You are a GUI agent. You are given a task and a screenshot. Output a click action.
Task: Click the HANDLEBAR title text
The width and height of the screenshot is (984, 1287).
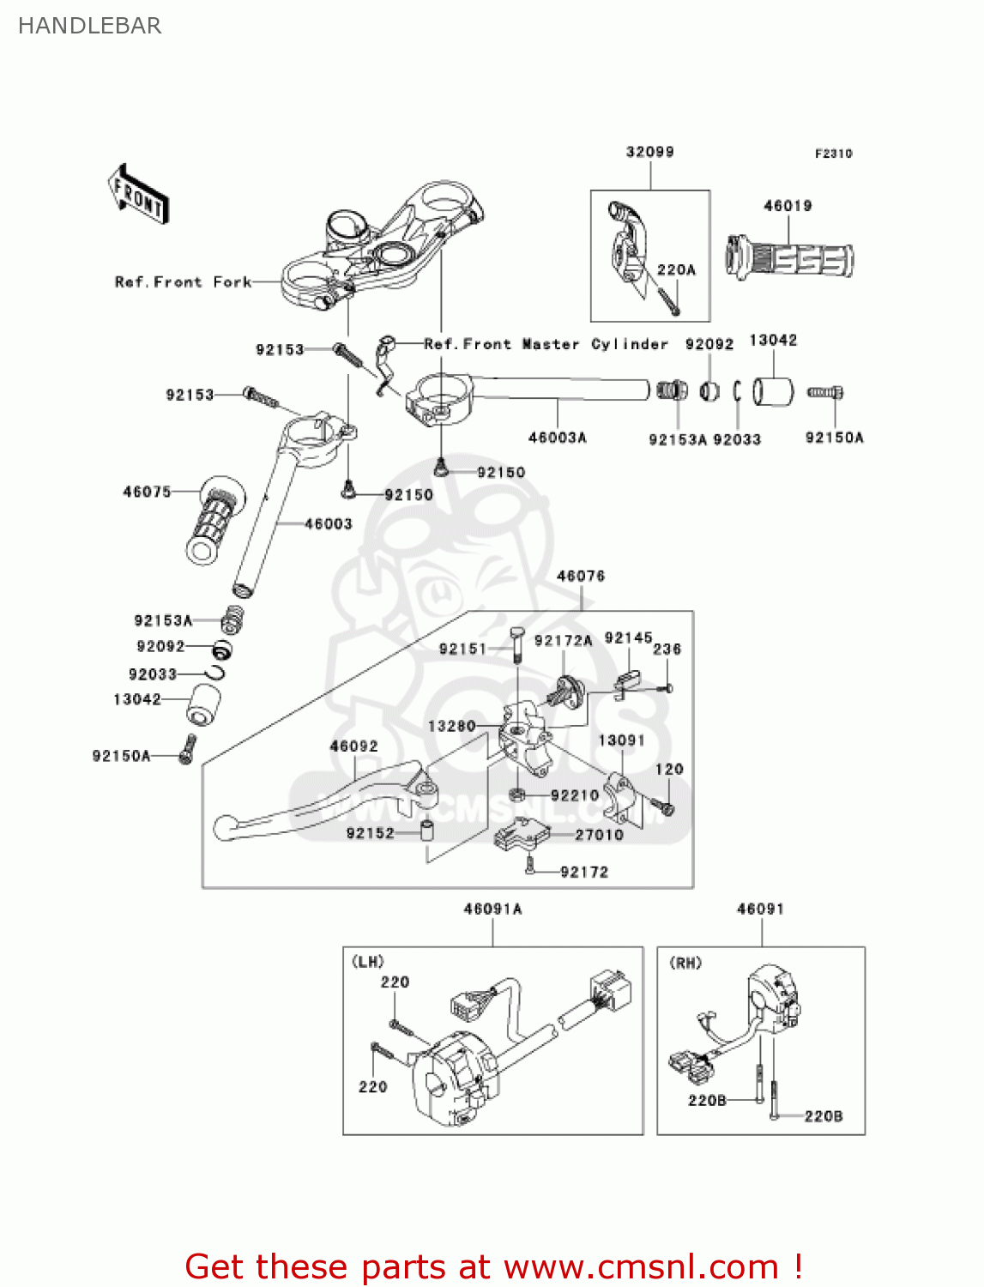tap(89, 26)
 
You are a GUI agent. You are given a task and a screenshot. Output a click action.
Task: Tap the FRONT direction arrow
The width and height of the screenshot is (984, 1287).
tap(137, 195)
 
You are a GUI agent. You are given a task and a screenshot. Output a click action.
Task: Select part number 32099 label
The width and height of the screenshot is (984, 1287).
tap(649, 152)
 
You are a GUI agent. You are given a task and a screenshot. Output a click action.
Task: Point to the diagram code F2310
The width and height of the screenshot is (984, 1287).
tap(833, 154)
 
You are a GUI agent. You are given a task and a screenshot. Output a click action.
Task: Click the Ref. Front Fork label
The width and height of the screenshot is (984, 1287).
tap(183, 282)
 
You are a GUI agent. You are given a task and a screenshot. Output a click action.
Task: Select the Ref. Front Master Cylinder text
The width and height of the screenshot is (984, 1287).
tap(546, 344)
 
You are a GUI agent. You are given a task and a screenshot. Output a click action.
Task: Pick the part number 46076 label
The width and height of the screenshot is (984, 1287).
tap(581, 576)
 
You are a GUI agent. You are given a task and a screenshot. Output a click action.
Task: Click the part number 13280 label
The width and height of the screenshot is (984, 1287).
tap(451, 726)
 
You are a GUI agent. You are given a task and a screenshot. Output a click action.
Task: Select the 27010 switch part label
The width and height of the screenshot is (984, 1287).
tap(599, 835)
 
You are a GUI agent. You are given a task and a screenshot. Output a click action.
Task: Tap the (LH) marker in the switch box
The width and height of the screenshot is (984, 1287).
tap(368, 962)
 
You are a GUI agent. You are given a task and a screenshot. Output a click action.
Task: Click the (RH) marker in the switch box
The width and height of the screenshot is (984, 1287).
tap(685, 963)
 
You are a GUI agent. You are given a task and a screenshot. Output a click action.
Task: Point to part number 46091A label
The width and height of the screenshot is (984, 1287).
tap(492, 909)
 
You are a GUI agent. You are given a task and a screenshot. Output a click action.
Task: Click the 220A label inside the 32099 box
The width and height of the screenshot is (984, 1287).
tap(676, 269)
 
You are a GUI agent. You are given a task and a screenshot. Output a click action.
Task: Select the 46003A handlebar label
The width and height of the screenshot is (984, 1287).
tap(557, 438)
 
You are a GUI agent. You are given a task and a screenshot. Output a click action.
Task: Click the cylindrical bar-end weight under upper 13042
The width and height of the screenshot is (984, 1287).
tap(773, 391)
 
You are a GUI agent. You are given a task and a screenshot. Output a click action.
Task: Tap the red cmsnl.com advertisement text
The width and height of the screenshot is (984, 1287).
tap(493, 1266)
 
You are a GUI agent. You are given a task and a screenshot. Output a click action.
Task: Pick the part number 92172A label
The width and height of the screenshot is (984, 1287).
tap(563, 641)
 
